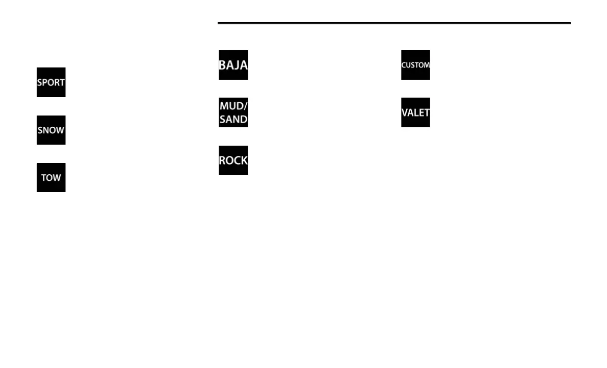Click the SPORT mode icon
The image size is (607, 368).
[51, 82]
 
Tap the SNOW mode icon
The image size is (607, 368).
[51, 130]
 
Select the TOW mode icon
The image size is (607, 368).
[51, 178]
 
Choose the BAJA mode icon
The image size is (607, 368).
[233, 65]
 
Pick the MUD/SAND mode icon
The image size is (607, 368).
[233, 112]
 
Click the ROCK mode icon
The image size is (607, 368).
[233, 160]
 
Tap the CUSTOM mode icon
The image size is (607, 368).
[415, 65]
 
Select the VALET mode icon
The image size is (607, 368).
[415, 112]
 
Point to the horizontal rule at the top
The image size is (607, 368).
[393, 23]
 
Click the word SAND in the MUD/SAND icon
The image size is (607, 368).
[233, 120]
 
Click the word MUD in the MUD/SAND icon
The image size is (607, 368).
[231, 106]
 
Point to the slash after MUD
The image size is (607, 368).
[246, 106]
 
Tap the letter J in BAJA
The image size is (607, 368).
[237, 65]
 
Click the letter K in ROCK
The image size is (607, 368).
[244, 160]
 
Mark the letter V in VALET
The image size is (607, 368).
[405, 112]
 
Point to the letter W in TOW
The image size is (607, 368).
[57, 178]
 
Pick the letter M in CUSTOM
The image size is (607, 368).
[427, 65]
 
